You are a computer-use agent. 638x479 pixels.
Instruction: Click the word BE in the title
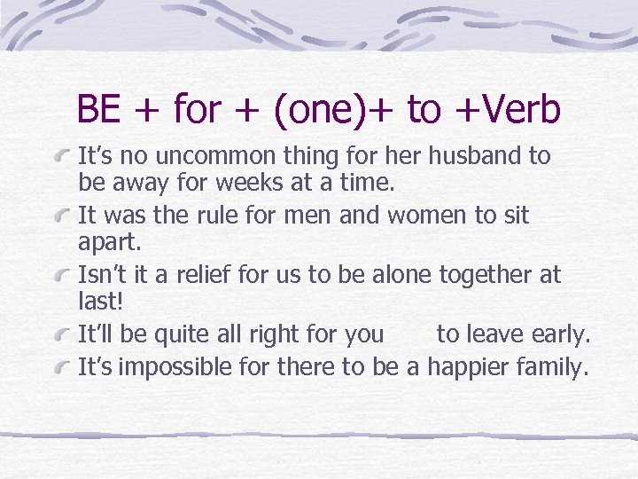(98, 110)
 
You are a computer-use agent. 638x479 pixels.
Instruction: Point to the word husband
(477, 157)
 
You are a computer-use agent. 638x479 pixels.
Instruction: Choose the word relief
(216, 275)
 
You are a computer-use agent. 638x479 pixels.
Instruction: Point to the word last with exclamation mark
(99, 303)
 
